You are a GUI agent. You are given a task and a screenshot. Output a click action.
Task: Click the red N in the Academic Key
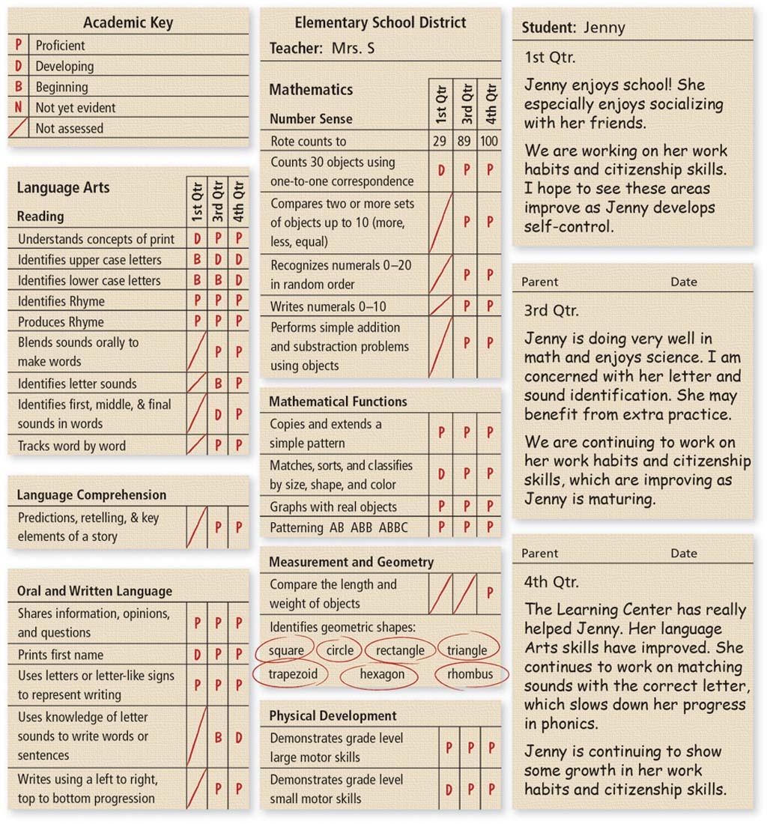click(x=18, y=108)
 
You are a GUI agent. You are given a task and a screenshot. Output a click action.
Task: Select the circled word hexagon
click(x=382, y=674)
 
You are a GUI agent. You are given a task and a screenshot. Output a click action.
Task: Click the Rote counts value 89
click(x=466, y=141)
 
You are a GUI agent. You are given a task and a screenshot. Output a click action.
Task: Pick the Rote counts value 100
click(x=490, y=141)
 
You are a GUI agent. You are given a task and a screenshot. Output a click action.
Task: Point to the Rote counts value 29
click(x=440, y=141)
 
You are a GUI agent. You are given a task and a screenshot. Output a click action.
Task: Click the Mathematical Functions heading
click(x=338, y=402)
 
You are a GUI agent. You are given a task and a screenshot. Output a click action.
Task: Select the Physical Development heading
click(x=333, y=716)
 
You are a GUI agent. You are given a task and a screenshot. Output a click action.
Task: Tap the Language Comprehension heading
click(x=91, y=495)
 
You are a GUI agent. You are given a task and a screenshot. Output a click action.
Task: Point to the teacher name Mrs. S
click(x=353, y=49)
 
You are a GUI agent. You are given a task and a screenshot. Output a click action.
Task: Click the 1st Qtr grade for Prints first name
click(x=198, y=655)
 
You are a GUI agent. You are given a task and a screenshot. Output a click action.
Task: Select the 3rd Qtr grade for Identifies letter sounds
click(x=218, y=384)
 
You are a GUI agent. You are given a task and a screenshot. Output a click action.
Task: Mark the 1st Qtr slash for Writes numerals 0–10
click(x=441, y=306)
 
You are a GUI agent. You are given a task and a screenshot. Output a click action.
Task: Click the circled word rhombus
click(x=470, y=674)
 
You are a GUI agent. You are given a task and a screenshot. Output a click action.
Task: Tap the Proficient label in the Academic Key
click(x=61, y=46)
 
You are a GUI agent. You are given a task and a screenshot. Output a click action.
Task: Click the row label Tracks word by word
click(x=72, y=446)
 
